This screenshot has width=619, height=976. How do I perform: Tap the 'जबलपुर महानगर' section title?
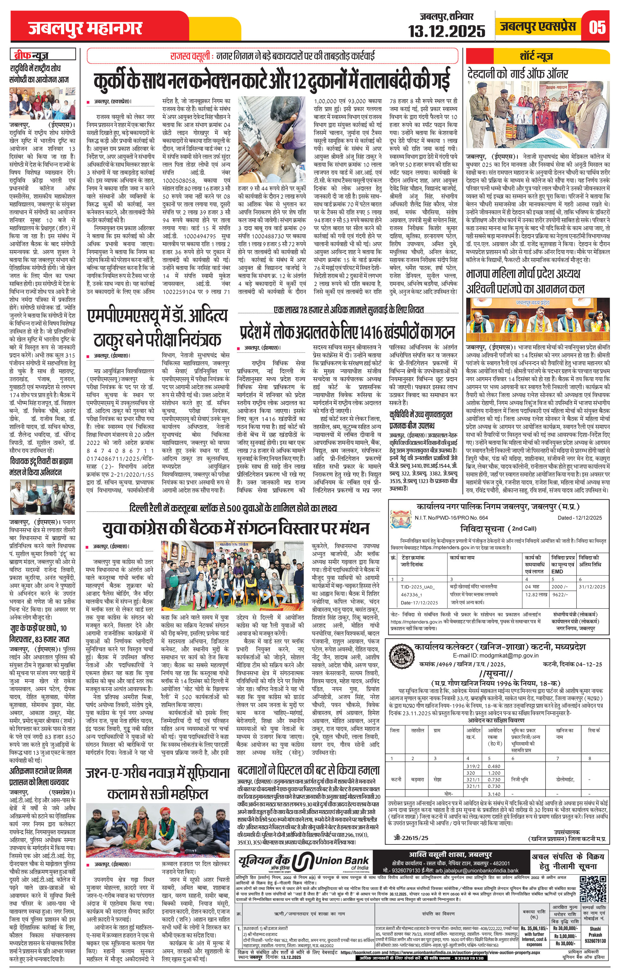point(85,28)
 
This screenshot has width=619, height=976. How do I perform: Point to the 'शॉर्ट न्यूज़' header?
point(536,56)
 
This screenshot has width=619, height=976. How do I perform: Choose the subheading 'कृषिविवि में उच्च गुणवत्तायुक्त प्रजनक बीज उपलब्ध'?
point(420,421)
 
